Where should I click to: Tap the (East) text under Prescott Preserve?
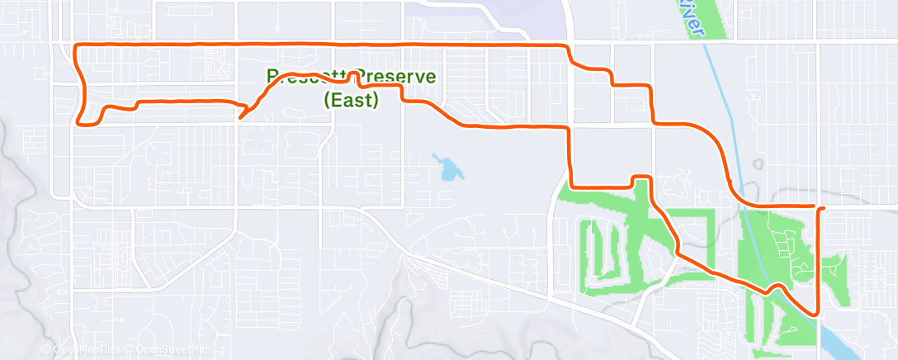click(351, 100)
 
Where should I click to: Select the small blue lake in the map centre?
click(449, 169)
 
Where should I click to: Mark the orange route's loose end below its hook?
click(239, 118)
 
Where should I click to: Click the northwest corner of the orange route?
click(77, 45)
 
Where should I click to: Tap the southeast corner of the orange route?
click(816, 313)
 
